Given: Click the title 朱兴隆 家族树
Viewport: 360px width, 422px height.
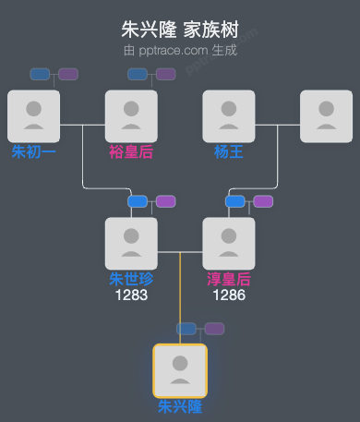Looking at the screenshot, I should click(x=180, y=30).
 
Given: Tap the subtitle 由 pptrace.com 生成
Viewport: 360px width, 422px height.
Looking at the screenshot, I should click(x=180, y=50).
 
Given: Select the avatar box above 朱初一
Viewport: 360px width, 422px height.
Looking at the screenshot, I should click(x=33, y=116).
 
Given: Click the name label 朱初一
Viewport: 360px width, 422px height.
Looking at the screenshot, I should click(x=33, y=151).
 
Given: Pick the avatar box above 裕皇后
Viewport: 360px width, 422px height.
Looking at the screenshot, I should click(x=131, y=116).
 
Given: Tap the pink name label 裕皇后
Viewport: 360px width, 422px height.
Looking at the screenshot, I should click(x=131, y=151).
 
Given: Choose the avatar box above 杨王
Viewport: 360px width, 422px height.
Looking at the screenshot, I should click(x=229, y=116).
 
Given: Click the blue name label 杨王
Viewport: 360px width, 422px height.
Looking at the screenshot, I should click(x=229, y=151).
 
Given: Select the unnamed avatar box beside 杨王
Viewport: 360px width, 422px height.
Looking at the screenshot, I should click(x=326, y=116).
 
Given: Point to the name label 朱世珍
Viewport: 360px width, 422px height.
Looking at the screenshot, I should click(x=131, y=279).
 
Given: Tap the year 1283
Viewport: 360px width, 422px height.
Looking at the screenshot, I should click(x=131, y=295).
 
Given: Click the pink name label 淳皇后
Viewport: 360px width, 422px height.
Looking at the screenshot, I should click(x=229, y=279).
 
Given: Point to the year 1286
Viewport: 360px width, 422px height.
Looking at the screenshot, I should click(x=229, y=295).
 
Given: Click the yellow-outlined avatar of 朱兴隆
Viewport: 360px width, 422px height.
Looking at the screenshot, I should click(x=180, y=370).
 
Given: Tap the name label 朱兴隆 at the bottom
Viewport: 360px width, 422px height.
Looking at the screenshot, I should click(x=180, y=406).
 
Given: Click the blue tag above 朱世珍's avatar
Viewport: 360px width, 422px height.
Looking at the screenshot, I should click(x=138, y=201).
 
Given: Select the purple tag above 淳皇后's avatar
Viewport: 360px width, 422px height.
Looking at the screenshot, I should click(x=263, y=201).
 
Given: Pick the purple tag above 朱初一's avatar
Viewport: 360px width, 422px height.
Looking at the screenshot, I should click(x=68, y=74).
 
